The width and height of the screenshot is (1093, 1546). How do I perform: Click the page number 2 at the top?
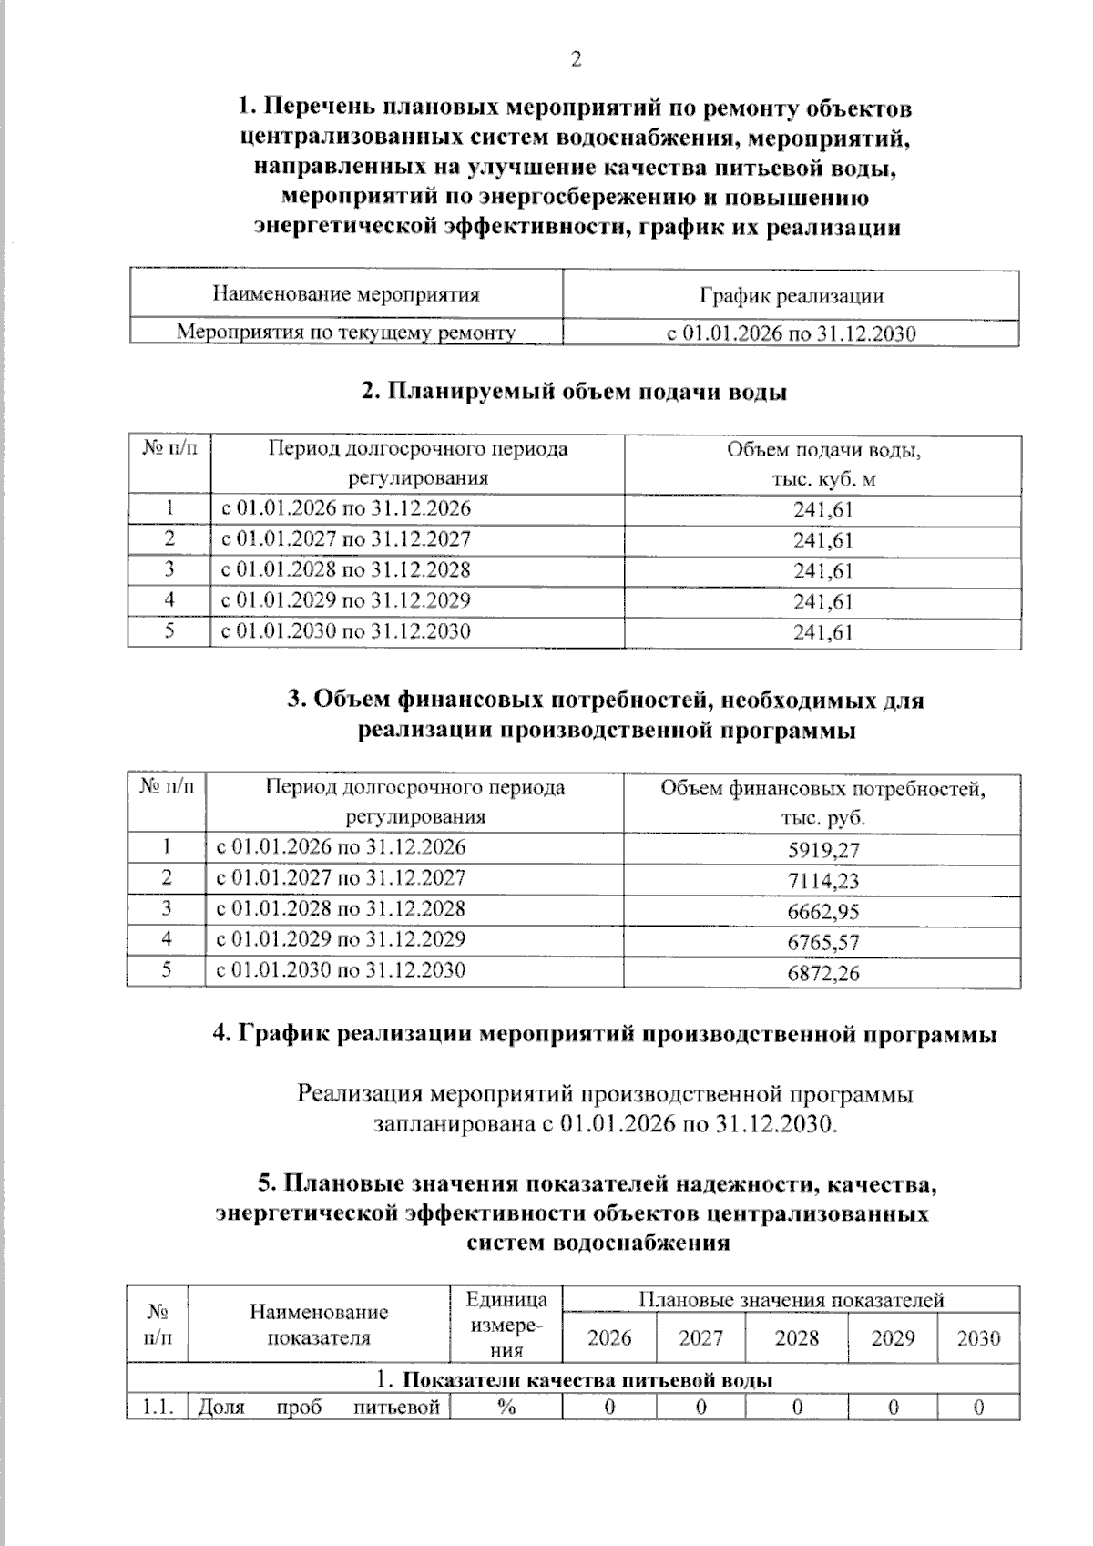(x=575, y=60)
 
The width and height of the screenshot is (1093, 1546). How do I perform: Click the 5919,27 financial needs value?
(x=823, y=851)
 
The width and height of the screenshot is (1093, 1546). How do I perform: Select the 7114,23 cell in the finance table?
(x=823, y=881)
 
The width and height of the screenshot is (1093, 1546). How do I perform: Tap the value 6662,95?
(x=823, y=912)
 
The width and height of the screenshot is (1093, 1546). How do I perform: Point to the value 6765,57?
(x=823, y=943)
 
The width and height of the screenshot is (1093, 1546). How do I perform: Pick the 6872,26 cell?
(x=823, y=973)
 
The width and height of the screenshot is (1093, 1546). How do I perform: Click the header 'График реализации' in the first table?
(x=791, y=295)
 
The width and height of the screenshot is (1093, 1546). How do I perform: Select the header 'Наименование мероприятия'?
(x=346, y=294)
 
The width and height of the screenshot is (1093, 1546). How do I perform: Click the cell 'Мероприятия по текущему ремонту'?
(x=346, y=333)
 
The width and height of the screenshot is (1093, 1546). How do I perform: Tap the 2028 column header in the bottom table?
(x=796, y=1338)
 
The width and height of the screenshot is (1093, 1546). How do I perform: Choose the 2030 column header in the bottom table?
(x=978, y=1338)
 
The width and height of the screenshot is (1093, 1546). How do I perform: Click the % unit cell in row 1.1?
(x=506, y=1408)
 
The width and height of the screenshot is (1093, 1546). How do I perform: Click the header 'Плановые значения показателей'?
(x=791, y=1300)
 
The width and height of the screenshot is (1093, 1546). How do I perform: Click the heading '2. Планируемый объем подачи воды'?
(x=574, y=392)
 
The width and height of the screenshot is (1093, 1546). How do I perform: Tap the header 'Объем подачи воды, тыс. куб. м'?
(x=823, y=464)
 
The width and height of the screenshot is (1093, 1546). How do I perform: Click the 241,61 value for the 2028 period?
(x=823, y=571)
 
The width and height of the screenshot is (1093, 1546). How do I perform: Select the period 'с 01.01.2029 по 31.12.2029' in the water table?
(x=346, y=600)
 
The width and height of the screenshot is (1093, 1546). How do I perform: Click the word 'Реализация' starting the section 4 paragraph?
(x=360, y=1094)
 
